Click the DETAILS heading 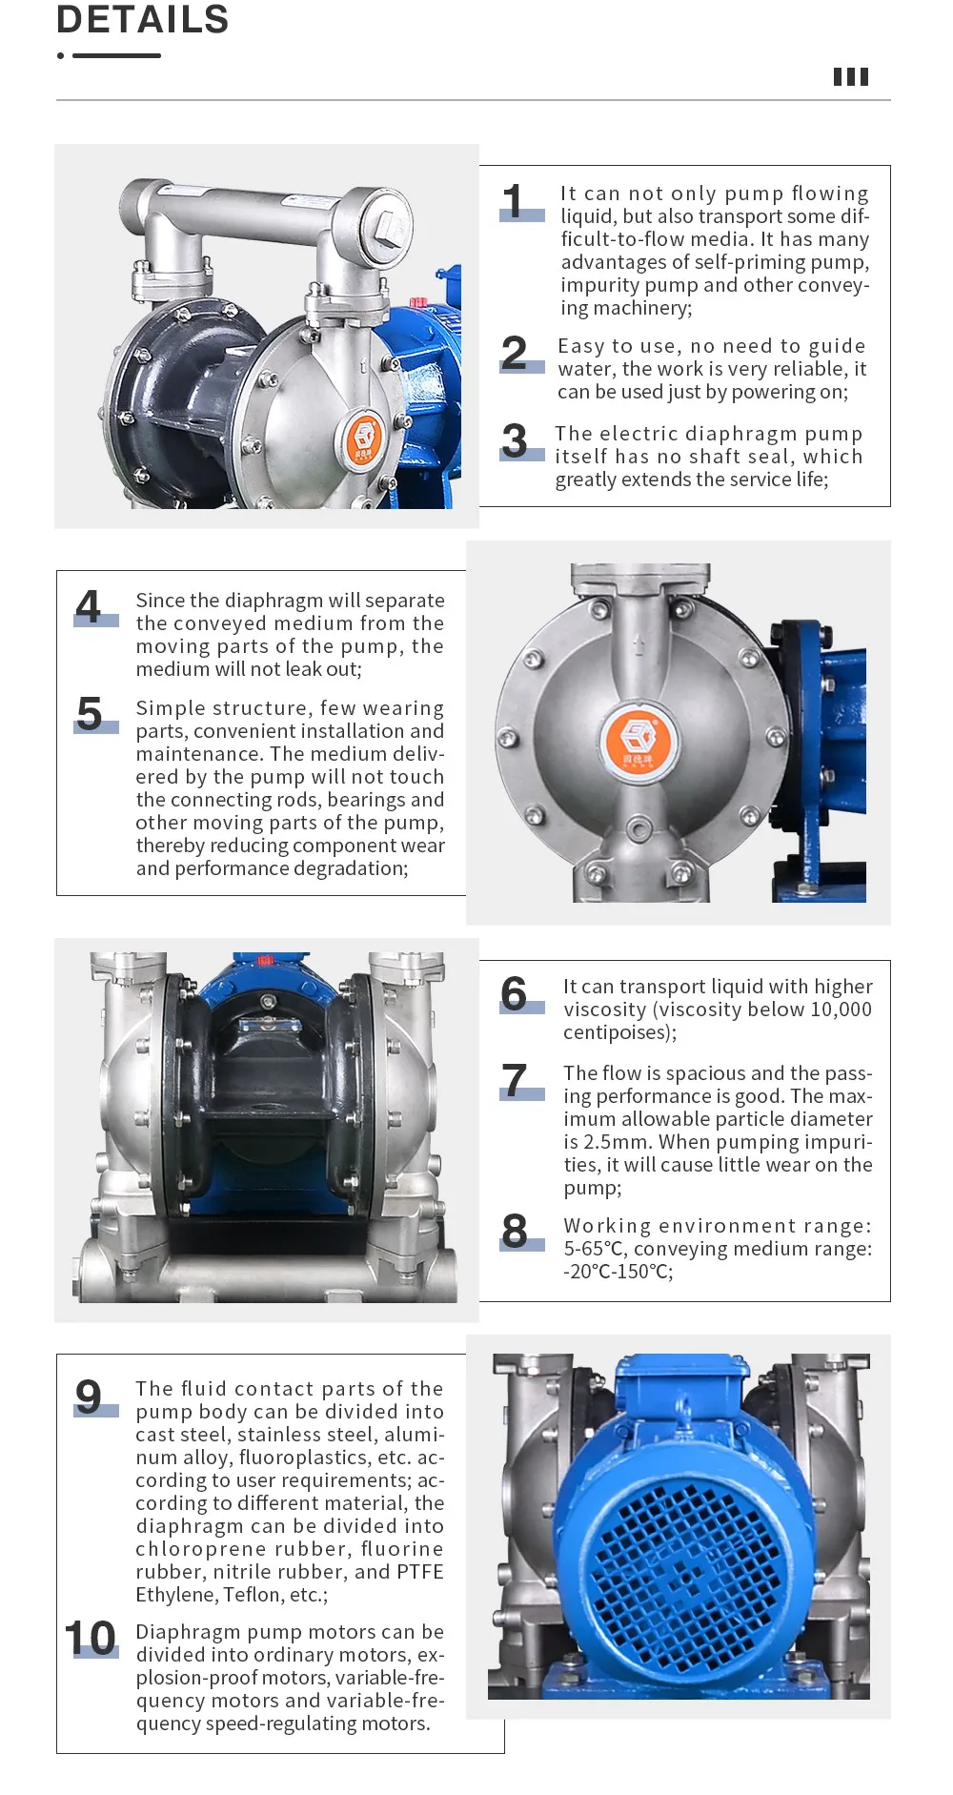pos(143,19)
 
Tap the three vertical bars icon pos(850,77)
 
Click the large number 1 pos(514,201)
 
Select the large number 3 pos(515,440)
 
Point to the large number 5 pos(90,713)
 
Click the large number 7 pos(515,1080)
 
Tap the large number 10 pos(91,1639)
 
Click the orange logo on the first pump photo pos(363,439)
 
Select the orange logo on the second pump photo pos(638,739)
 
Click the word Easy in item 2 pos(581,346)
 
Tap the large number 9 pos(89,1397)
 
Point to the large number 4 pos(89,606)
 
